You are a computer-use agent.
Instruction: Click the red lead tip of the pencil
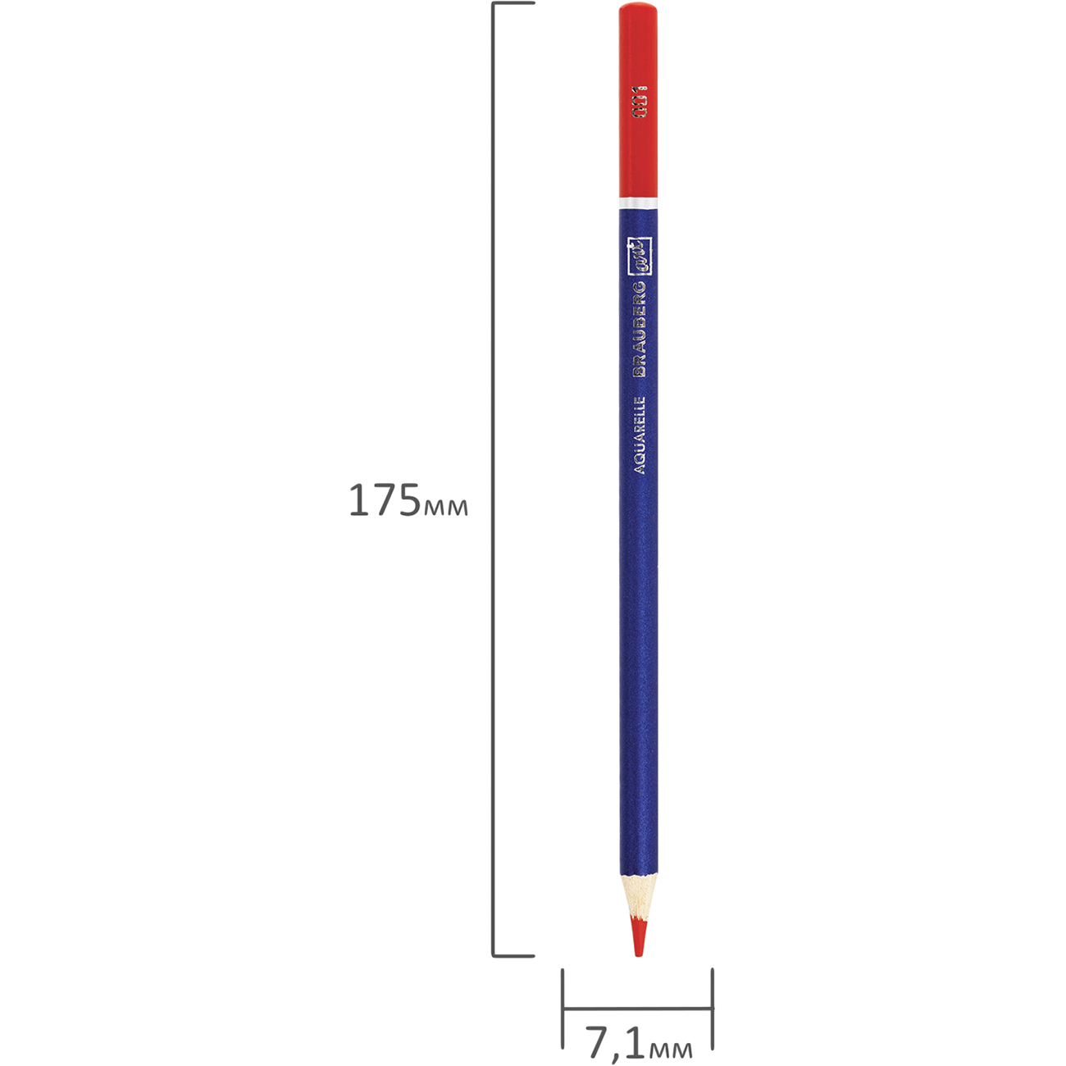point(638,938)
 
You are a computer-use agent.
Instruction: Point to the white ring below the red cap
point(637,201)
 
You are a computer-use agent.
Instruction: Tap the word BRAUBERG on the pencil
point(640,329)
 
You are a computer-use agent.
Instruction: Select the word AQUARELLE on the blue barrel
point(640,435)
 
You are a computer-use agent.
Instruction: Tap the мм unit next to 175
point(445,508)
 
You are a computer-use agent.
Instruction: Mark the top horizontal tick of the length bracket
point(513,3)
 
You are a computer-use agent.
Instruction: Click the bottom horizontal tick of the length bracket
point(513,955)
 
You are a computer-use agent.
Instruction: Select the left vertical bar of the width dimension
point(563,1008)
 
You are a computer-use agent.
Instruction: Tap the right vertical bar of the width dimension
point(712,1008)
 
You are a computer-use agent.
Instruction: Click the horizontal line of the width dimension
point(637,1008)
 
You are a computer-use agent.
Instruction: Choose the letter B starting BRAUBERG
point(640,369)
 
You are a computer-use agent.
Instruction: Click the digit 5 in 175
point(408,500)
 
